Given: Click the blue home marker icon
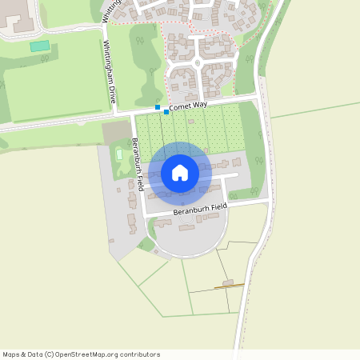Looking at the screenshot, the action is point(180,173).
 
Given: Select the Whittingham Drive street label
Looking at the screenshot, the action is point(111,73).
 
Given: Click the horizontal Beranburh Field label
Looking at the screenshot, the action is point(200,209).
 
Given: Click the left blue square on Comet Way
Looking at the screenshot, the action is point(158,106).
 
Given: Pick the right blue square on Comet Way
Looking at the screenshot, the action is point(166,112).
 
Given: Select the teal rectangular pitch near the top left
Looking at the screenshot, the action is point(39,46).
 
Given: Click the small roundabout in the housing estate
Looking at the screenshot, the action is point(197,62).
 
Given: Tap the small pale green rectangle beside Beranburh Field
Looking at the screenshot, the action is point(120,153).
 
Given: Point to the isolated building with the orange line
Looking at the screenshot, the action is point(228,284).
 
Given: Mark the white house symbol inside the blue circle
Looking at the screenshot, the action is point(180,173).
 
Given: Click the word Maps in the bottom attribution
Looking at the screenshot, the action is point(12,354).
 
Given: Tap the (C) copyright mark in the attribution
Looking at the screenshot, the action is point(50,354).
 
